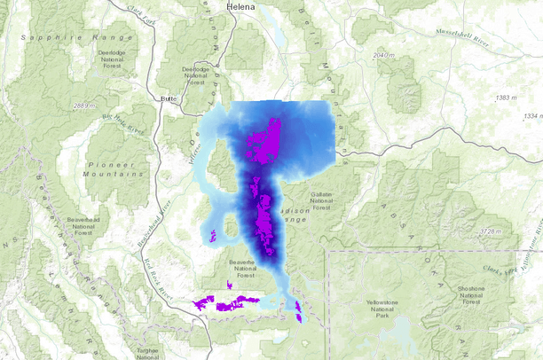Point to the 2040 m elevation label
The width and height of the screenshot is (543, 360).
[x=383, y=55]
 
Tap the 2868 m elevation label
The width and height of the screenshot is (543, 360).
[x=83, y=106]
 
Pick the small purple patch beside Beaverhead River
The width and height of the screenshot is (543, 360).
[x=213, y=236]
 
